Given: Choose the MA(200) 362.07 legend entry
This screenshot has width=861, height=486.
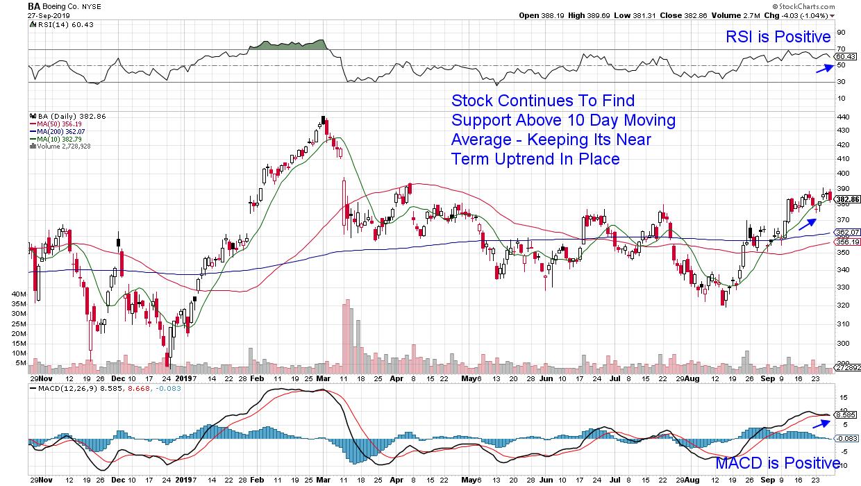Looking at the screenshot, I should (60, 132).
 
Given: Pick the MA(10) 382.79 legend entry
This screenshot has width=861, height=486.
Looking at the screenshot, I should (58, 139).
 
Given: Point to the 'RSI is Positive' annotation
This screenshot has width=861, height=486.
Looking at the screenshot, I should (778, 37).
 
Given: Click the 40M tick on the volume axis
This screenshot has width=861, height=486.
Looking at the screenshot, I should (19, 294).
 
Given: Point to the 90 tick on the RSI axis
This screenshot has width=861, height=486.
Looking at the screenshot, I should (841, 32).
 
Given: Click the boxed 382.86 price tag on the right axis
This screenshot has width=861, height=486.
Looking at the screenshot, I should (847, 199).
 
